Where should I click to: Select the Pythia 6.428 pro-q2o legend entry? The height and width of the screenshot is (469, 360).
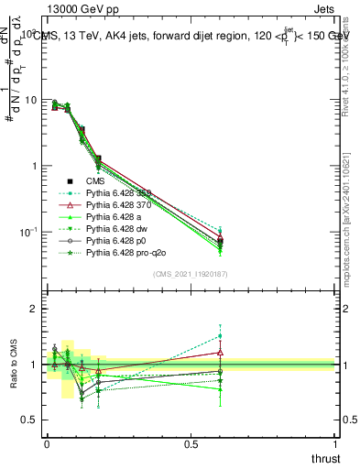coord(126,250)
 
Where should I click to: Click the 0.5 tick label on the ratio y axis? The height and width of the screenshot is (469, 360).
coord(29,420)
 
